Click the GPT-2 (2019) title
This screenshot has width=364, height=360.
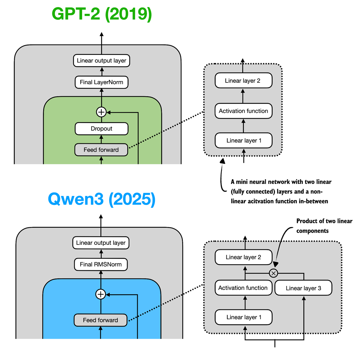pyautogui.click(x=102, y=14)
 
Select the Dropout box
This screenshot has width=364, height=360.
pyautogui.click(x=101, y=128)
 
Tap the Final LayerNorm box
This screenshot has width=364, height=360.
pyautogui.click(x=101, y=82)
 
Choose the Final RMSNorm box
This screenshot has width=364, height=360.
pyautogui.click(x=101, y=264)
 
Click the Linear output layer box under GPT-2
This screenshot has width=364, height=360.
pyautogui.click(x=101, y=60)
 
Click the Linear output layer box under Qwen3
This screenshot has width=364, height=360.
pyautogui.click(x=101, y=243)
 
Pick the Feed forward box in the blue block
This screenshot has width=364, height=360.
pyautogui.click(x=100, y=320)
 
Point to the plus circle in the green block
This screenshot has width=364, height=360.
pyautogui.click(x=101, y=112)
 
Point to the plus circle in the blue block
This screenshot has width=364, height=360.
pyautogui.click(x=101, y=294)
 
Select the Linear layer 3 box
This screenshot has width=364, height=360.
pyautogui.click(x=303, y=288)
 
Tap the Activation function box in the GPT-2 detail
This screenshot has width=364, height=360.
pyautogui.click(x=243, y=111)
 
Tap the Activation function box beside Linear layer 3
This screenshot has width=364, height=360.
pyautogui.click(x=243, y=288)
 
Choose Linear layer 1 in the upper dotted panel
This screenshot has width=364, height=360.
pyautogui.click(x=243, y=141)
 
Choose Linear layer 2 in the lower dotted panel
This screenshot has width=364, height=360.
pyautogui.click(x=243, y=257)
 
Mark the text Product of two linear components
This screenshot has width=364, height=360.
pyautogui.click(x=324, y=226)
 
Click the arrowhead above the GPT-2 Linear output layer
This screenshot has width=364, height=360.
pyautogui.click(x=102, y=34)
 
